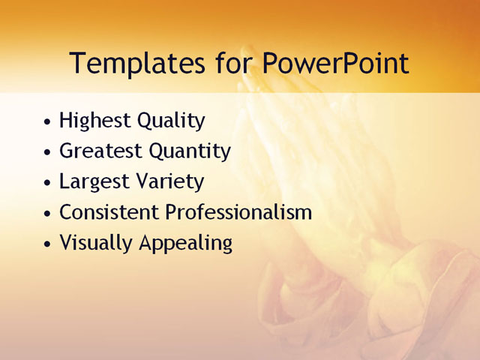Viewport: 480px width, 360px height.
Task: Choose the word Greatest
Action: pos(100,151)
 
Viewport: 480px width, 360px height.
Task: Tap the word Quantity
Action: pos(190,151)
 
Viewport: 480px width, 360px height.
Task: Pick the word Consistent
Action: pos(109,212)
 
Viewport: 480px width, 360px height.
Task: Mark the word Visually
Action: pos(94,243)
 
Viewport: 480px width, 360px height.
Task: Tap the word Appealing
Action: pos(183,243)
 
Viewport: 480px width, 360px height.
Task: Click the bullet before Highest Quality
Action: pos(48,121)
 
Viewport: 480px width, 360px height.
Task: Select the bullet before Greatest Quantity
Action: pos(48,152)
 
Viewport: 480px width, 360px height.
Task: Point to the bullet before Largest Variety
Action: pos(48,183)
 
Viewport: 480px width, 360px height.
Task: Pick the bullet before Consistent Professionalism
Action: pos(48,214)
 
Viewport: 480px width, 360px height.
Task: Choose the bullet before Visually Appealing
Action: pos(48,244)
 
